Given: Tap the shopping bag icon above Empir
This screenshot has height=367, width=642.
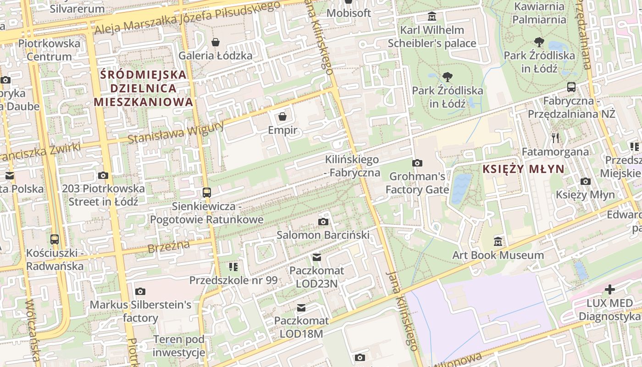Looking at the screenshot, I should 282,117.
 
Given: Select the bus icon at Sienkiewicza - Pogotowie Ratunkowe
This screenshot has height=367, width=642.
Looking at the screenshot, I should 207,193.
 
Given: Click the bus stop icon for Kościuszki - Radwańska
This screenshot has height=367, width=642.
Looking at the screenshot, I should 55,239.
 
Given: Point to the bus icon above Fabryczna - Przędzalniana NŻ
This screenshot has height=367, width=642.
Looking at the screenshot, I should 571,87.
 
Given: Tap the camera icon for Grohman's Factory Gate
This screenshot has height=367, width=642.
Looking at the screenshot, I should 417,163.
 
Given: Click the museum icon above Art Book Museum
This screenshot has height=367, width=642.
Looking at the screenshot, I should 498,241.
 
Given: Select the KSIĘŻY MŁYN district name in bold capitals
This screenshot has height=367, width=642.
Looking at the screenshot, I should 523,169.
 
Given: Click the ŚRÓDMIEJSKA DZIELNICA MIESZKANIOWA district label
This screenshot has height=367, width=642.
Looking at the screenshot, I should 144,88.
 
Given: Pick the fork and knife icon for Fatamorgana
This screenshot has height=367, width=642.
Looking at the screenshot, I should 555,138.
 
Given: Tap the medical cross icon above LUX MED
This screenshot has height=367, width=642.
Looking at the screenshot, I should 609,289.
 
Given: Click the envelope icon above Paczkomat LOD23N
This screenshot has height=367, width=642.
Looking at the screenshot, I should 316,257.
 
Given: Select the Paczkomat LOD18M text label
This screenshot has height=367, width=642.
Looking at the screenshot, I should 301,327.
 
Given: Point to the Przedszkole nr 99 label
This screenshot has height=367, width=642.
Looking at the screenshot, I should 233,280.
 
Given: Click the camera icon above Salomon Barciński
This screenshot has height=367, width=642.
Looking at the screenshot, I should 323,222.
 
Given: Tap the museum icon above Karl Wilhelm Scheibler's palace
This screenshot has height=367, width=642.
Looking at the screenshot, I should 432,17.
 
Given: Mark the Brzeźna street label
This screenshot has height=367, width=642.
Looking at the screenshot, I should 169,247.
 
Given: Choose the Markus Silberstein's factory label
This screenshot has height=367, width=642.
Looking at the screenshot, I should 140,311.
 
